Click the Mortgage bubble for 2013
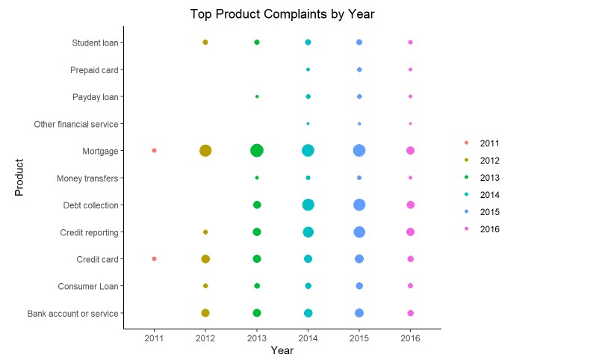(x=257, y=150)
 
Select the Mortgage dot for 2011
(x=154, y=150)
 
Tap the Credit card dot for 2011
(x=154, y=258)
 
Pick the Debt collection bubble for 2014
(x=308, y=205)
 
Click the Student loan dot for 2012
(x=205, y=43)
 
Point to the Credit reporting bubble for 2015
(x=359, y=232)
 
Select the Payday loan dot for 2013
(x=257, y=96)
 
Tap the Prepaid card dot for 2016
(x=410, y=69)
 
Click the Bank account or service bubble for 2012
(x=205, y=313)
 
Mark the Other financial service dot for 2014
(x=308, y=123)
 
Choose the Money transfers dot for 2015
(x=359, y=178)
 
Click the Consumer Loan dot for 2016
(x=410, y=286)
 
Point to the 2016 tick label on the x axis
(x=410, y=338)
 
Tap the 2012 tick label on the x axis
(x=205, y=338)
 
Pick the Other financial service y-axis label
(x=76, y=123)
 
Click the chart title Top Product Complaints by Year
(x=282, y=13)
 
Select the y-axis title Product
(x=19, y=177)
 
